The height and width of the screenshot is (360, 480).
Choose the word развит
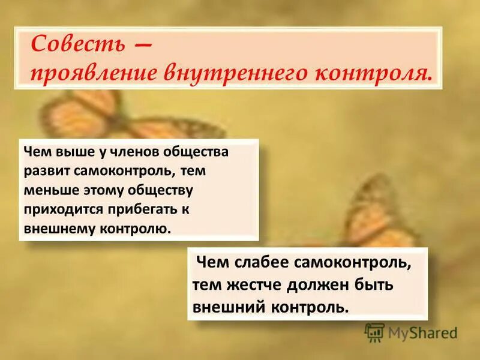46,170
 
